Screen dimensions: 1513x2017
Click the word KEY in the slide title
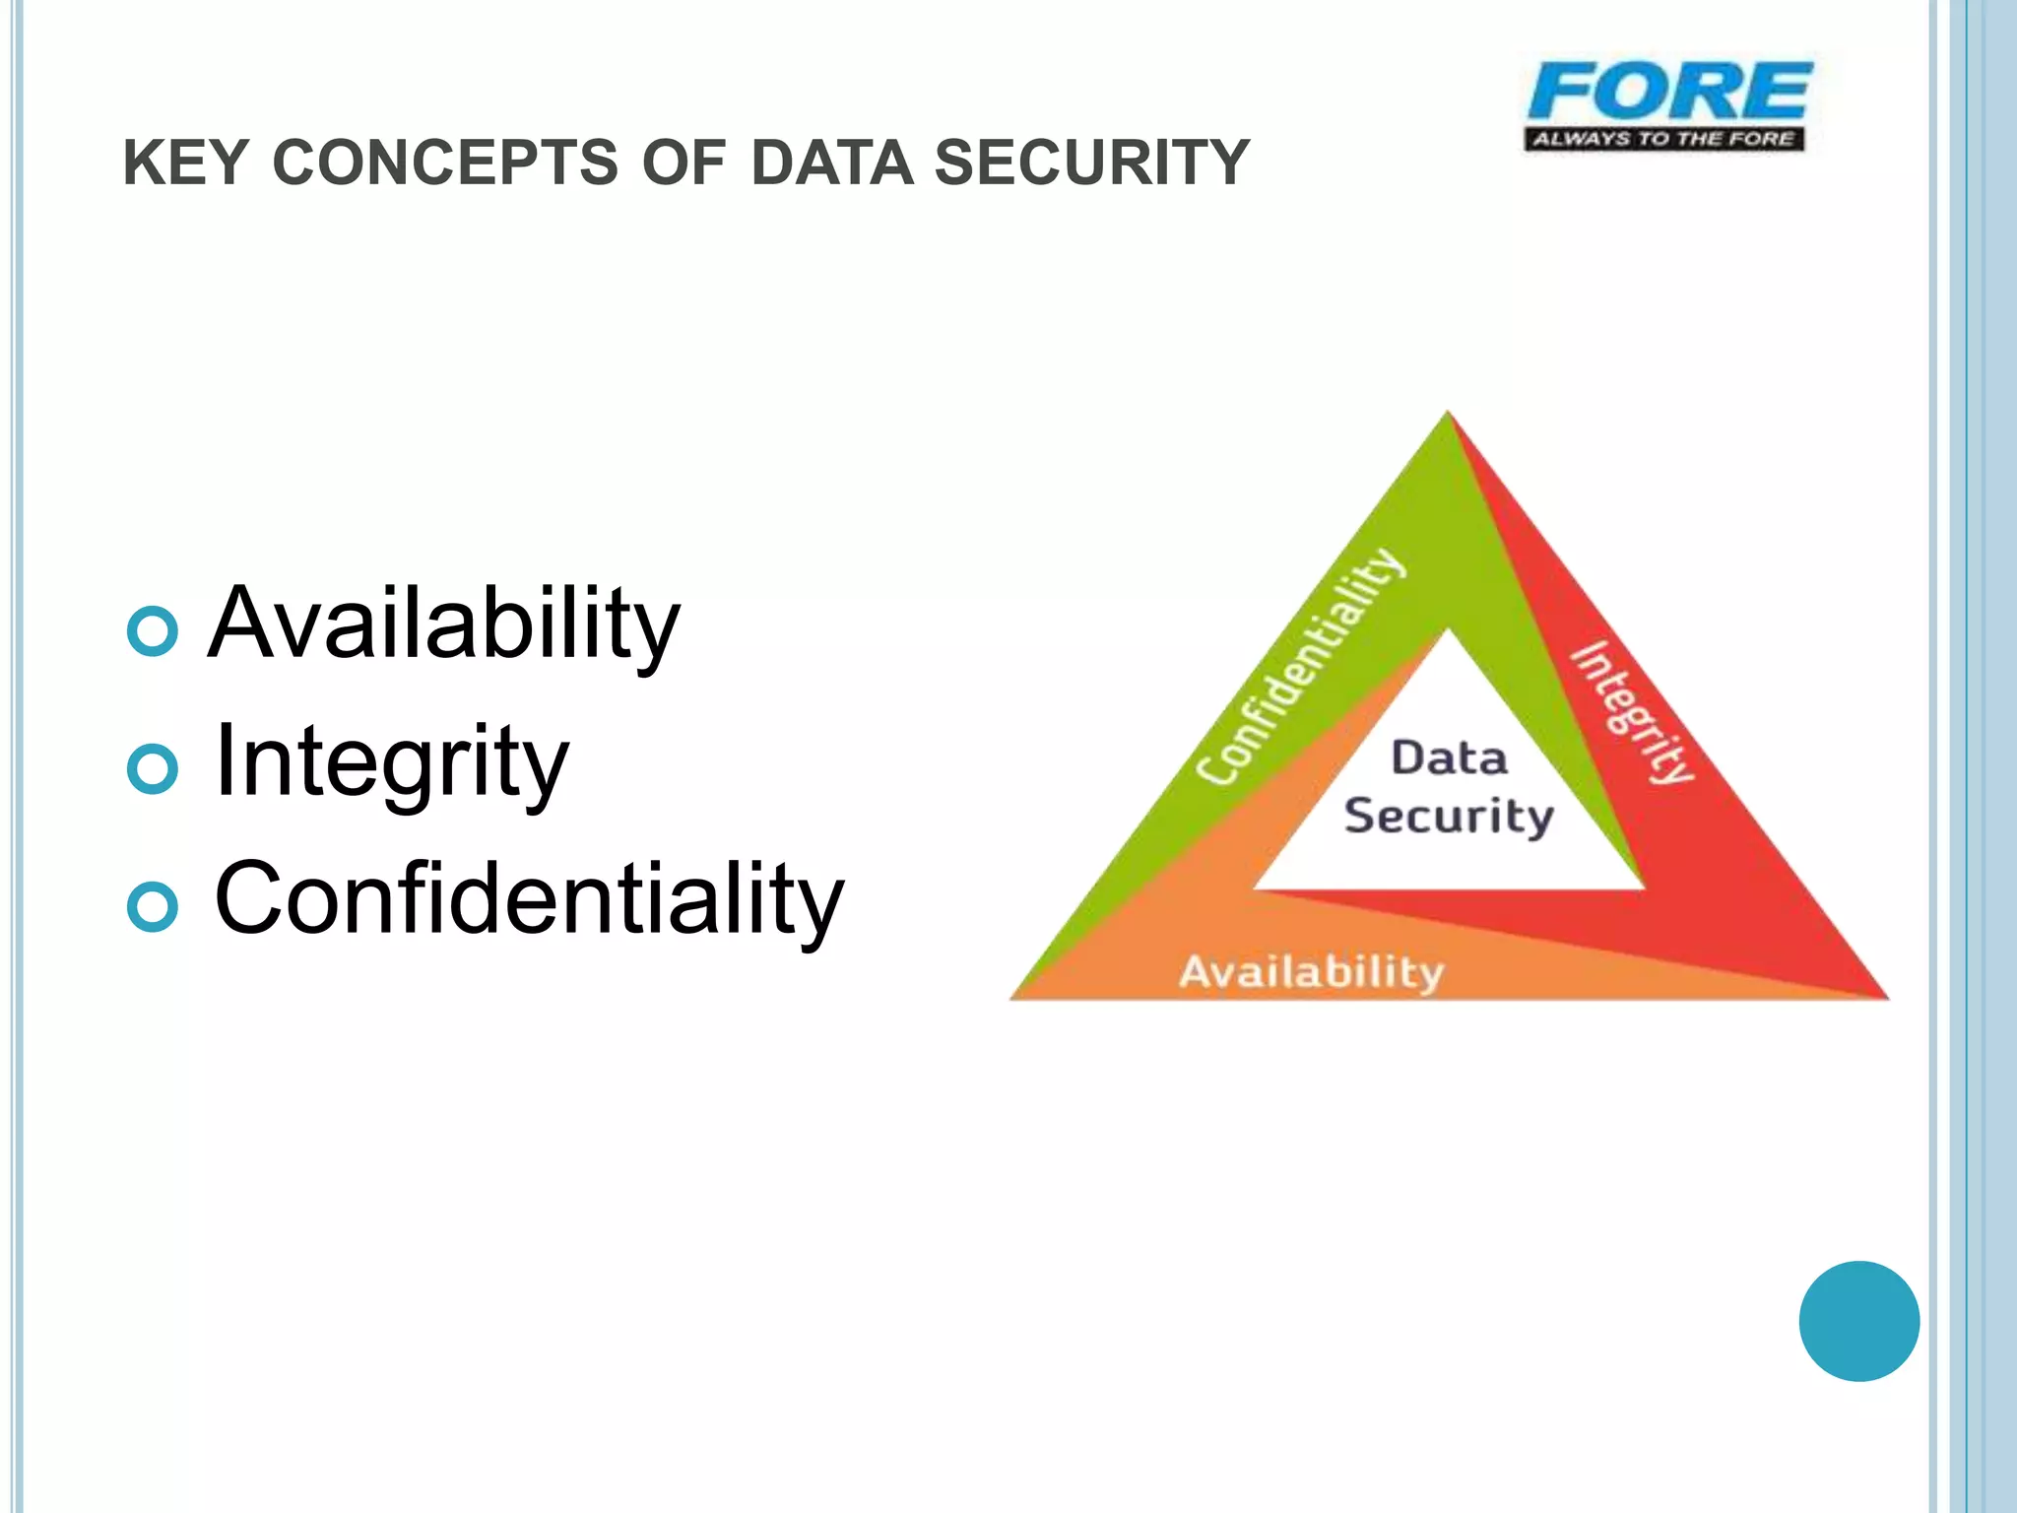click(x=184, y=163)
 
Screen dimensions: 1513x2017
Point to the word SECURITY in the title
click(x=1091, y=163)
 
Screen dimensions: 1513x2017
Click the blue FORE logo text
click(x=1668, y=92)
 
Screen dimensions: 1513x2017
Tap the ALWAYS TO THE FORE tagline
click(x=1663, y=139)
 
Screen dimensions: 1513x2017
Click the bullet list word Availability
click(x=444, y=625)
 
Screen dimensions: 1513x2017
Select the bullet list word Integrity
click(x=391, y=762)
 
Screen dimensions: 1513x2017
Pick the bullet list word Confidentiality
click(x=529, y=899)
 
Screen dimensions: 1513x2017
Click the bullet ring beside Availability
click(x=153, y=630)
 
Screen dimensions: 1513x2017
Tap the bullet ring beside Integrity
click(x=153, y=769)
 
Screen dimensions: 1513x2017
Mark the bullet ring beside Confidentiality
click(x=153, y=907)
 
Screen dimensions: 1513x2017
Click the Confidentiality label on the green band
click(x=1300, y=668)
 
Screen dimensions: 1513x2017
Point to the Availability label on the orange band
click(x=1312, y=972)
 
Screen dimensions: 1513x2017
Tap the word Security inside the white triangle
click(x=1449, y=817)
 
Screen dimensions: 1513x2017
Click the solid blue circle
click(x=1858, y=1321)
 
